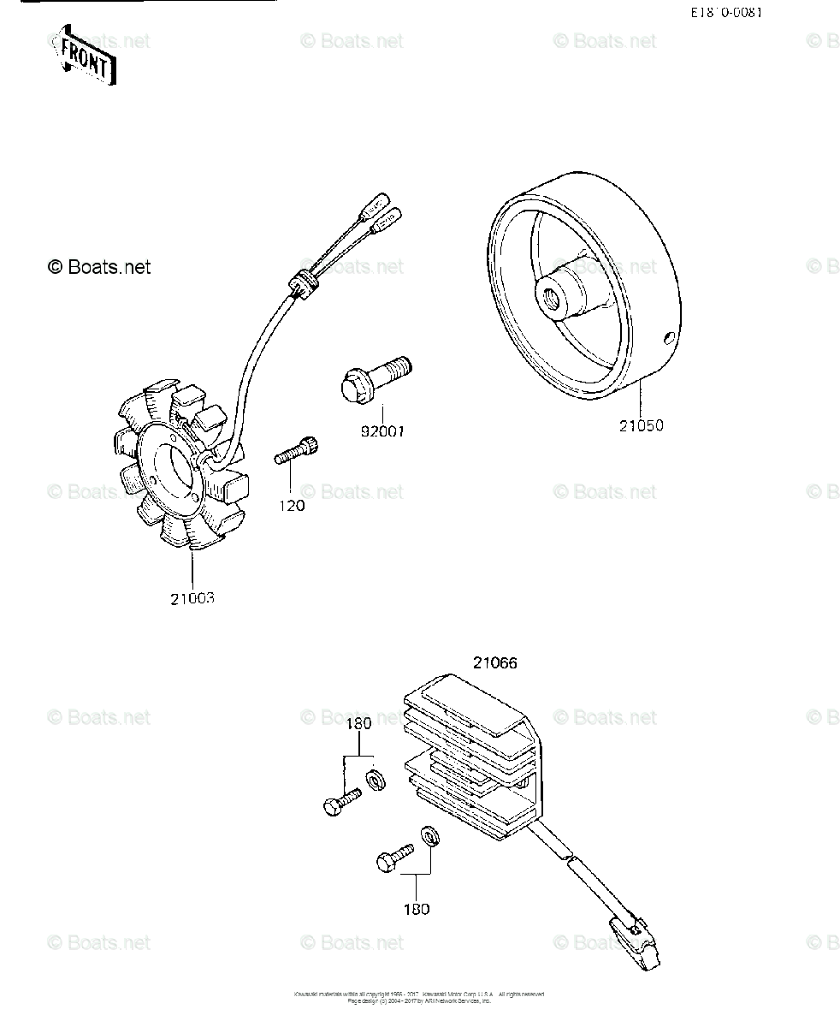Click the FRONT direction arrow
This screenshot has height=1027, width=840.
[82, 58]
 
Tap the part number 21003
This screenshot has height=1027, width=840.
[192, 598]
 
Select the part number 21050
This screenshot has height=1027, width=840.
[641, 425]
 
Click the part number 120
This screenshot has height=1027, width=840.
[291, 506]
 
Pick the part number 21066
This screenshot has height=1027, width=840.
[494, 662]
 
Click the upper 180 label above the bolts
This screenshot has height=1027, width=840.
[358, 724]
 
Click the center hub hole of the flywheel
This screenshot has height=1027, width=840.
[548, 297]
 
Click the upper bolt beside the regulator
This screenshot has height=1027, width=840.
[341, 800]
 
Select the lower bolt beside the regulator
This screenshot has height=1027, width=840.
[393, 856]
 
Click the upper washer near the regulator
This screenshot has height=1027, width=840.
[373, 779]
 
